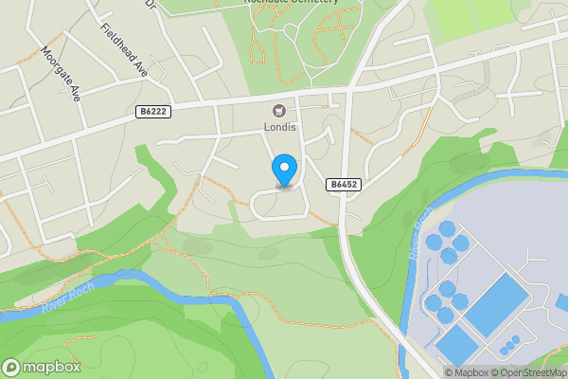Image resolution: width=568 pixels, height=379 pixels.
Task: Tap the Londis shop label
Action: pos(280,127)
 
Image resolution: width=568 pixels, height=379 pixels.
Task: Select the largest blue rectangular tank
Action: pos(497,303)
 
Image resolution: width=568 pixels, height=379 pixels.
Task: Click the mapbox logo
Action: pos(42,367)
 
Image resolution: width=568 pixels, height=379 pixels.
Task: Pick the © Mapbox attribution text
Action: pos(467,372)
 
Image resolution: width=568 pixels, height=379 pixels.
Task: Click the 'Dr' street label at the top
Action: pos(151,4)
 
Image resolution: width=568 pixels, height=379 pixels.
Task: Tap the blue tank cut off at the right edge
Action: pos(561,303)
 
